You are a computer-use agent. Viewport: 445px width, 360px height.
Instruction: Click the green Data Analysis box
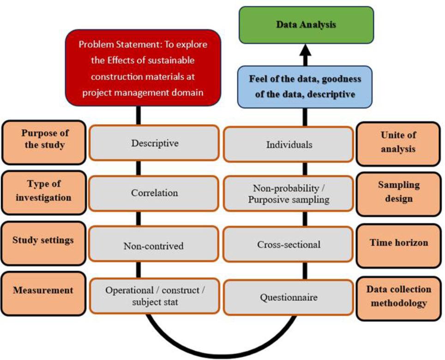306,25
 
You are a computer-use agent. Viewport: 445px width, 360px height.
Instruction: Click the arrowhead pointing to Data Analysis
305,49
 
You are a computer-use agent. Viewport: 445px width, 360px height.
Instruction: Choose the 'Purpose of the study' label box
45,138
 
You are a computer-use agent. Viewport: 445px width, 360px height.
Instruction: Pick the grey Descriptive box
154,143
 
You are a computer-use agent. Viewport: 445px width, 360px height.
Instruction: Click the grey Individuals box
289,144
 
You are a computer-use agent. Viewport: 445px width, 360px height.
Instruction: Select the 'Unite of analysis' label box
398,142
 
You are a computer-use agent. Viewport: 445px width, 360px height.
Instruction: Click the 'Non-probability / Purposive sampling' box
289,194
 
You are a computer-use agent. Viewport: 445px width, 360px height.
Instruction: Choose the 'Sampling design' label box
398,192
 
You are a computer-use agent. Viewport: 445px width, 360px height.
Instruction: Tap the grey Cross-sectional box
289,244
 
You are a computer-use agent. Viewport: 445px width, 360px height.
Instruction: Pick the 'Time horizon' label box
398,243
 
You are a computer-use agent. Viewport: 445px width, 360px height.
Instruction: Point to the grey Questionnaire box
289,297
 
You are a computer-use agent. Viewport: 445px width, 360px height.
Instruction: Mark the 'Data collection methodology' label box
398,296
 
